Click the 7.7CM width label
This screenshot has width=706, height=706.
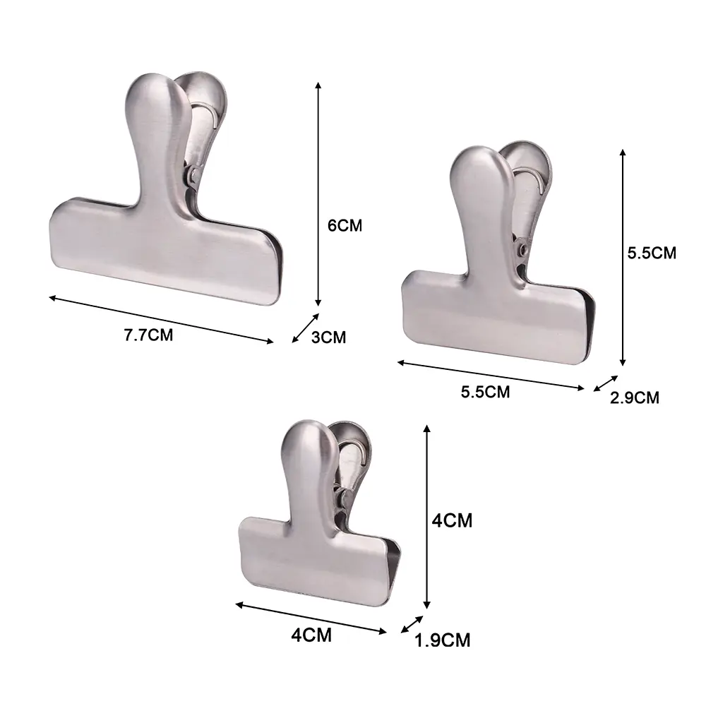[148, 335]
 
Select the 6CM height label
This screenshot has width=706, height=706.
[345, 225]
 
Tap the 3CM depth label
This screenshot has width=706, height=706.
[329, 337]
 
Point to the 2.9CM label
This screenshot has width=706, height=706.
[635, 397]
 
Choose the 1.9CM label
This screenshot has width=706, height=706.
[442, 640]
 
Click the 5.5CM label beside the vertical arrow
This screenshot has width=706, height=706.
[652, 253]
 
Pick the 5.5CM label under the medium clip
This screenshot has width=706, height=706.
[486, 392]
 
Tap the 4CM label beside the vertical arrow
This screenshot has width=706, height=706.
[452, 520]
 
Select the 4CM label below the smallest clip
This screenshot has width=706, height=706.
[311, 635]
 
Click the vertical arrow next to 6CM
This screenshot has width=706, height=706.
[318, 194]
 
